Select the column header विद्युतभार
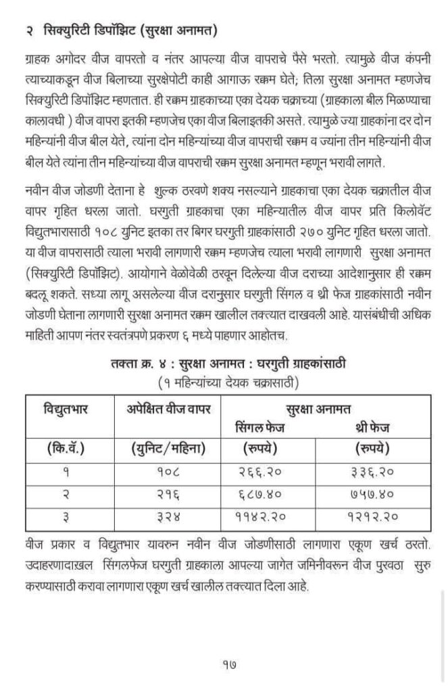tap(67, 409)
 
